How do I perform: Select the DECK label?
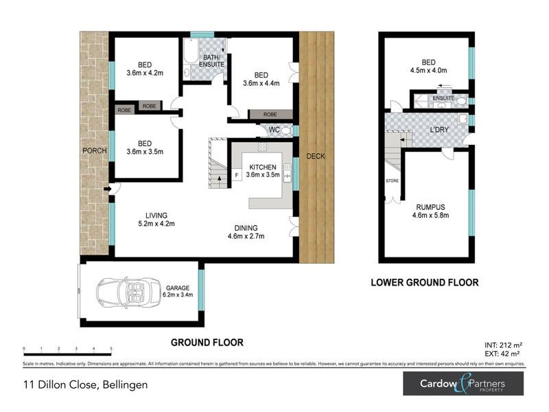coord(316,156)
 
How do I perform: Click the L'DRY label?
coord(439,130)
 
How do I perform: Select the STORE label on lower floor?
coord(392,181)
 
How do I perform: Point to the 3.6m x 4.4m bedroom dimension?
coord(261,84)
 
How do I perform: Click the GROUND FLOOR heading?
coord(207,342)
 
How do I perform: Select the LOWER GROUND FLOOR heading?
coord(424,282)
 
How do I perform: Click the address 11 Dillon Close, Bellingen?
coord(85,385)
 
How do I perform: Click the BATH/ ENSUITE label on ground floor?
coord(211,61)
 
